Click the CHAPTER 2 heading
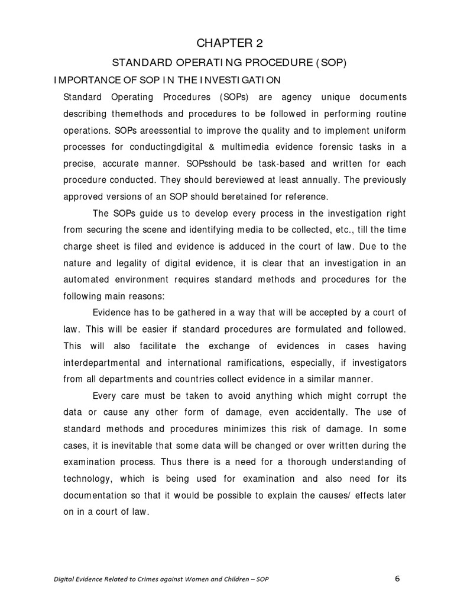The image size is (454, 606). coord(227,43)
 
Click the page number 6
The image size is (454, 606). coord(398,578)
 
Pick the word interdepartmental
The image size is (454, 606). coord(102,363)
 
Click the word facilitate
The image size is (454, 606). coord(158,346)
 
